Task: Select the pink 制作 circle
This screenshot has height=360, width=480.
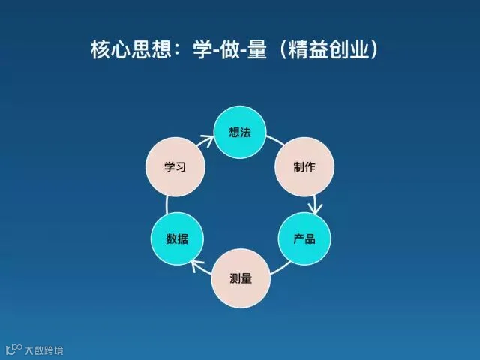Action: [304, 166]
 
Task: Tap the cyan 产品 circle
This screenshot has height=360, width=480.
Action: [304, 239]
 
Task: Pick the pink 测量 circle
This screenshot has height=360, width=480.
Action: [240, 278]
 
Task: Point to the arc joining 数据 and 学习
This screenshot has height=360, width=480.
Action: [166, 203]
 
